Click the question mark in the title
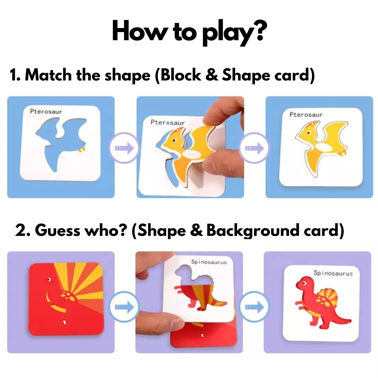click(x=259, y=31)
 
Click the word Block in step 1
click(x=181, y=75)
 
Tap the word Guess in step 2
click(x=58, y=230)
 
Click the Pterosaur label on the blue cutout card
click(x=46, y=111)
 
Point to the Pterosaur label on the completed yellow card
click(x=306, y=114)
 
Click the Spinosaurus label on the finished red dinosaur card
click(x=333, y=273)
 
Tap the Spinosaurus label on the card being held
click(x=209, y=262)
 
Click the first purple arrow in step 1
click(x=124, y=148)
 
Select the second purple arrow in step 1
click(x=254, y=148)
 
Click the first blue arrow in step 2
click(x=124, y=307)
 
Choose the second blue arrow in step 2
click(x=254, y=307)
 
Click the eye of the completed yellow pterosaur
click(x=309, y=133)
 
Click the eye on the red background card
click(x=49, y=280)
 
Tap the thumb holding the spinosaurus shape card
click(x=159, y=322)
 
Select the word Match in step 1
click(x=48, y=75)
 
